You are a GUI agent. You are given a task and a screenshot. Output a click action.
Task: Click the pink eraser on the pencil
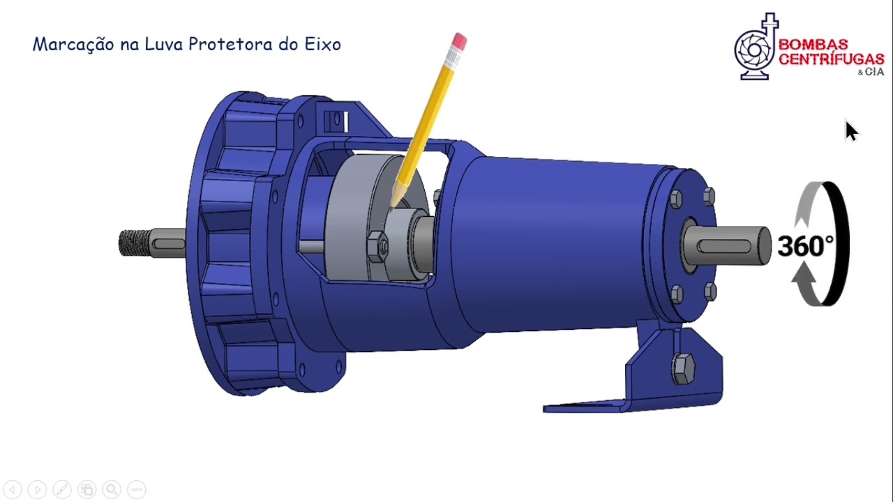(459, 42)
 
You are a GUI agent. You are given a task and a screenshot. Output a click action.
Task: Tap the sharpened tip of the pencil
(391, 206)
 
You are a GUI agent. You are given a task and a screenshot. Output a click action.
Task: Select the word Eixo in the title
(322, 45)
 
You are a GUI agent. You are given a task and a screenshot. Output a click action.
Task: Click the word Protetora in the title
(231, 45)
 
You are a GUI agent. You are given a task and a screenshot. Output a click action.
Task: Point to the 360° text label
(804, 246)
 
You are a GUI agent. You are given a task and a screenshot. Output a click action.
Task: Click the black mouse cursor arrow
(851, 131)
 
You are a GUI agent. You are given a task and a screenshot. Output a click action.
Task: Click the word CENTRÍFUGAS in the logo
(831, 59)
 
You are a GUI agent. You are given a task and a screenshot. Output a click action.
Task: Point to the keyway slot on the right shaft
(726, 245)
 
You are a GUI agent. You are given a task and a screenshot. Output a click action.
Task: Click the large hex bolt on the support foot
(682, 367)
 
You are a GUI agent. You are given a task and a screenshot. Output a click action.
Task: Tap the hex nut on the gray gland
(377, 245)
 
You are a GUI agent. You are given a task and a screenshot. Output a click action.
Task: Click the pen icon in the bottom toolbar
(61, 489)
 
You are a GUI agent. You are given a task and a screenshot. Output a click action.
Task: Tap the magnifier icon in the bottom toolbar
(111, 489)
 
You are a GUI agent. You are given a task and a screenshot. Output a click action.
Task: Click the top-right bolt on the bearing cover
(710, 196)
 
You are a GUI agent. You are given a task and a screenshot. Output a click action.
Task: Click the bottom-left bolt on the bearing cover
(677, 294)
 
